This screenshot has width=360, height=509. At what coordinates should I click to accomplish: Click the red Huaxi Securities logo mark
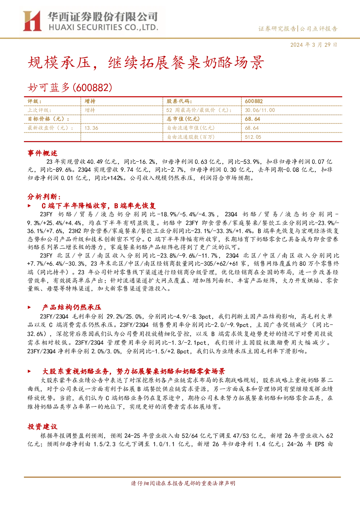pyautogui.click(x=32, y=21)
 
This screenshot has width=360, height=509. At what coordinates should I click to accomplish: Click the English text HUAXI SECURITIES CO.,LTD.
pyautogui.click(x=103, y=28)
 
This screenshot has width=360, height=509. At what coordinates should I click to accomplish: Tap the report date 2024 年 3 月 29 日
pyautogui.click(x=314, y=45)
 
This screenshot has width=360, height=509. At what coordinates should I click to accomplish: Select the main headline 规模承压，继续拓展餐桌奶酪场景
pyautogui.click(x=146, y=62)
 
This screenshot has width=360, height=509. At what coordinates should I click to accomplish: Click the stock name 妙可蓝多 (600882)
pyautogui.click(x=70, y=87)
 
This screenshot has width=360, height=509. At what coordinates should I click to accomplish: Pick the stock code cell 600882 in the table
pyautogui.click(x=254, y=102)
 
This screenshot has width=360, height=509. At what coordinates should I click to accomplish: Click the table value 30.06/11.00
pyautogui.click(x=260, y=110)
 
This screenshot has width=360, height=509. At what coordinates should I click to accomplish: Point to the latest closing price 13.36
pyautogui.click(x=91, y=128)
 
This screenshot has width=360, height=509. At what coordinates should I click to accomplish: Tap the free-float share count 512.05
pyautogui.click(x=253, y=137)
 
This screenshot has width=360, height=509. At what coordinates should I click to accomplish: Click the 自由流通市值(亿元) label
pyautogui.click(x=191, y=128)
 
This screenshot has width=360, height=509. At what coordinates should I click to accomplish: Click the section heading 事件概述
pyautogui.click(x=42, y=153)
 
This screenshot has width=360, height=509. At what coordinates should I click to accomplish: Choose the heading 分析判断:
pyautogui.click(x=44, y=196)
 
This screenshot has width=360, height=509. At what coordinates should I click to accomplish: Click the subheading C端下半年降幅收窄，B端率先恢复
pyautogui.click(x=99, y=206)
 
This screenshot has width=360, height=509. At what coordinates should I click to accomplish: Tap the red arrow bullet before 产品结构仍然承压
pyautogui.click(x=29, y=307)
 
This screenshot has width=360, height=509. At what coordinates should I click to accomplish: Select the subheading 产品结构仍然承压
pyautogui.click(x=71, y=307)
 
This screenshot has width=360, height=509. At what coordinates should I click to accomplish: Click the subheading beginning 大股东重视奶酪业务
pyautogui.click(x=134, y=371)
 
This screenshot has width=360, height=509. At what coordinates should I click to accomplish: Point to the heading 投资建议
pyautogui.click(x=42, y=426)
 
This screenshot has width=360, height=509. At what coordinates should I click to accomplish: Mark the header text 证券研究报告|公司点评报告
pyautogui.click(x=298, y=29)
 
